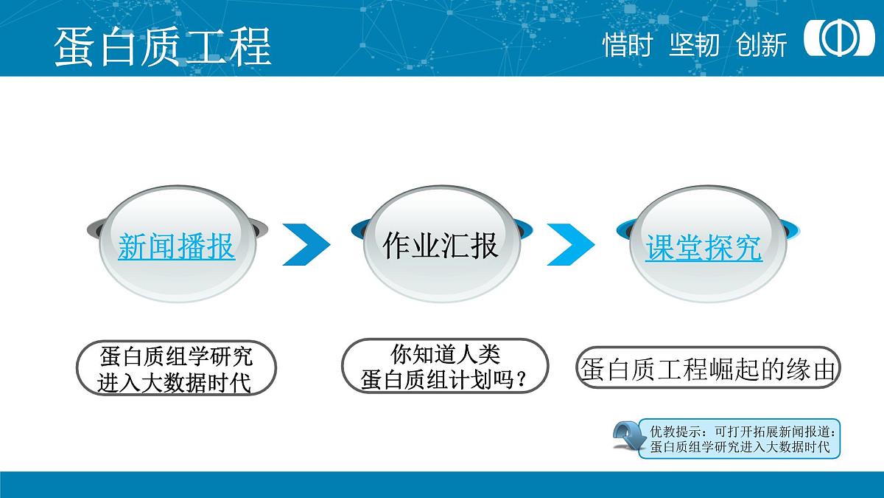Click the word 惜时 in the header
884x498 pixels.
click(x=628, y=45)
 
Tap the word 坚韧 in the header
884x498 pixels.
click(x=694, y=45)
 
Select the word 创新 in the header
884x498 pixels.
click(x=762, y=45)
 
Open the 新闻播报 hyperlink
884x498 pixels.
click(x=176, y=246)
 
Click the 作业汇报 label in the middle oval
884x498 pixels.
click(x=440, y=245)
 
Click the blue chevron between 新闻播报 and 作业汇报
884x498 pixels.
click(x=306, y=243)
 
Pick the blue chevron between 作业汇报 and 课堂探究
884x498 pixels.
click(x=570, y=243)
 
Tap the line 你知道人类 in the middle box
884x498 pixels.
click(x=445, y=355)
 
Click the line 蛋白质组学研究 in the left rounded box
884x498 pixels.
click(x=176, y=357)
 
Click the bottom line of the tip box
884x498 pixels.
click(x=740, y=446)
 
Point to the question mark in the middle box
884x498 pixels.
click(x=522, y=380)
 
